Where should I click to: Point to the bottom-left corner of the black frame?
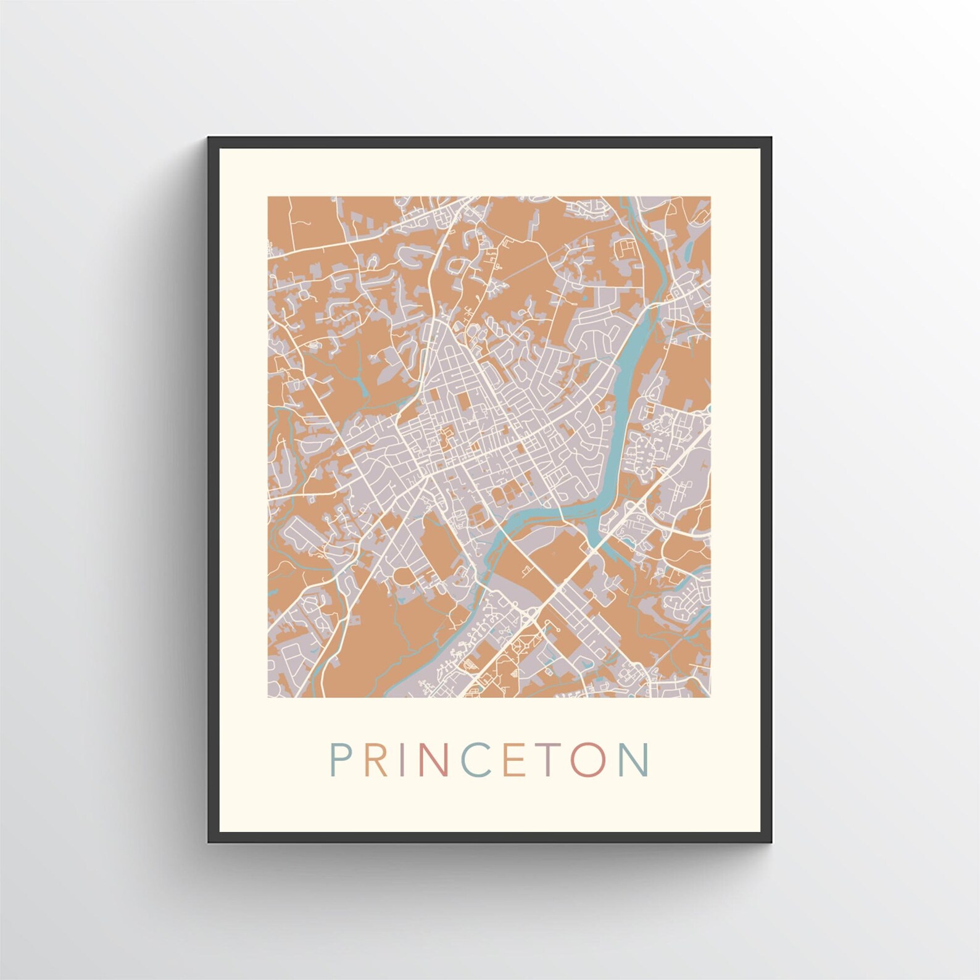pyautogui.click(x=209, y=842)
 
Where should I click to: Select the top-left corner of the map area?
pyautogui.click(x=268, y=197)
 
